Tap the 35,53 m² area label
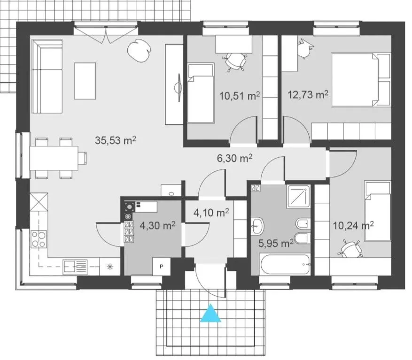click(117, 140)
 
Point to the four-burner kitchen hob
click(39, 239)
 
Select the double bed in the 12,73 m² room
click(362, 80)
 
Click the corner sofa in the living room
click(47, 77)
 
